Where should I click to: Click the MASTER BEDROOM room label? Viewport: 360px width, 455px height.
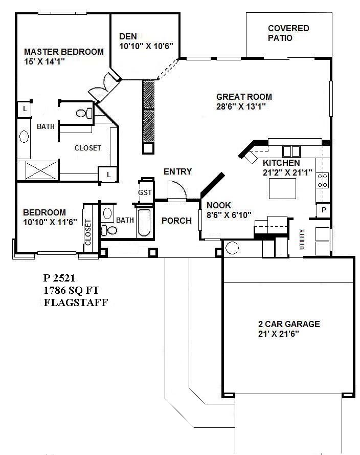coord(64,52)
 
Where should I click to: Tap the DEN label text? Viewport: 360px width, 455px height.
coord(128,36)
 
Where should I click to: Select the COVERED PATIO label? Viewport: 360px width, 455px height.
coord(288,33)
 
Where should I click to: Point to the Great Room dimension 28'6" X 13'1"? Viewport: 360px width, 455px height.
coord(240,106)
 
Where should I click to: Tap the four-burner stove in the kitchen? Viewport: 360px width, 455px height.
coord(323,180)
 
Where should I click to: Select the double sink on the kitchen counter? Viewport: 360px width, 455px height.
coord(291,151)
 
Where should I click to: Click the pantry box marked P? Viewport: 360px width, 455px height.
coord(324,210)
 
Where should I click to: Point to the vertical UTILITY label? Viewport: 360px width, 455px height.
coord(302,239)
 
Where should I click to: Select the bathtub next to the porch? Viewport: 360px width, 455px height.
coord(144,222)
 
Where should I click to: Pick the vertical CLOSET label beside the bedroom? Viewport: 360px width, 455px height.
coord(88,232)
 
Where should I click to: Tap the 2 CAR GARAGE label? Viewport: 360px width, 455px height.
coord(288,324)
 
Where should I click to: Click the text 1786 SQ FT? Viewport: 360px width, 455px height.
coord(71,290)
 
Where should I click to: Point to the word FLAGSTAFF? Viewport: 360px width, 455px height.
coord(76,301)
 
